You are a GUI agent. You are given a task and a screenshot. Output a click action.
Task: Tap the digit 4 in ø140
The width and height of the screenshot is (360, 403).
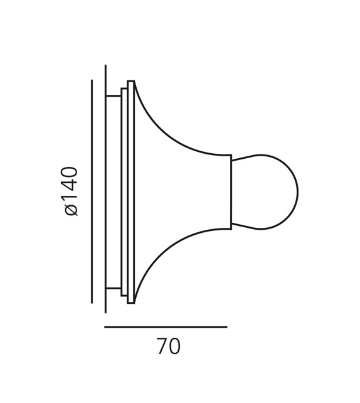(71, 186)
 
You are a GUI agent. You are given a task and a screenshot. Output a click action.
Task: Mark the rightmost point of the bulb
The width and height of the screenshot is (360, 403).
(297, 191)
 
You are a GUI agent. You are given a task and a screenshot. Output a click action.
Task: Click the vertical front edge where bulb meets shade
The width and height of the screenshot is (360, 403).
(231, 191)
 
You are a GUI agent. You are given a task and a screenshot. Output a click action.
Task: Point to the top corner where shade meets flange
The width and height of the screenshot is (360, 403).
(134, 82)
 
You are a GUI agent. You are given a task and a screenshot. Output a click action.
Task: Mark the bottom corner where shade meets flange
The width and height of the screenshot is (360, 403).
(134, 303)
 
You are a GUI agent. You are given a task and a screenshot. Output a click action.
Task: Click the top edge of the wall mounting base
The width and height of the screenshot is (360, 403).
(114, 96)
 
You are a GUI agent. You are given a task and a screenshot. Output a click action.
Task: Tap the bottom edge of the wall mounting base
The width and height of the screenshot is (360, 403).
(114, 288)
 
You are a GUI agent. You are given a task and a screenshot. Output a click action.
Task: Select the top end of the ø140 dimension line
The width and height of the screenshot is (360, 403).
(92, 80)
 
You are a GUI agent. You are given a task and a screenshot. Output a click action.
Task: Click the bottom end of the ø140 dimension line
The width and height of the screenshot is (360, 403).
(92, 303)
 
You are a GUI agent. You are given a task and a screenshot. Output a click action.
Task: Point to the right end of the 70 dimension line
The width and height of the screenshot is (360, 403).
(226, 327)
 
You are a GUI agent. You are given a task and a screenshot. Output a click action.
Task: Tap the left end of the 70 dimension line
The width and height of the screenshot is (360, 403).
(105, 327)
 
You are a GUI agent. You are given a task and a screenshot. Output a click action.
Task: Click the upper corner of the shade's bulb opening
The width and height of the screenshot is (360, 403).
(231, 156)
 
